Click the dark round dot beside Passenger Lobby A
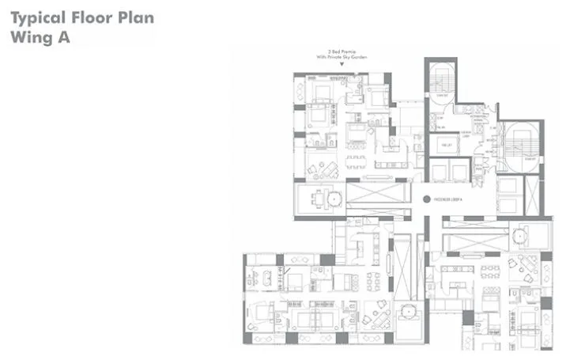point(425,200)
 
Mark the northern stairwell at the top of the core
point(440,79)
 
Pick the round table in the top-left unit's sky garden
point(334,197)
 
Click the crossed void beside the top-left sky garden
point(376,193)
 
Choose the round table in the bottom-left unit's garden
point(408,313)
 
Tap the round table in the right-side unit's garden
point(520,235)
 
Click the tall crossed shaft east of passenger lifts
point(534,195)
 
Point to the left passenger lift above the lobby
point(438,170)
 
